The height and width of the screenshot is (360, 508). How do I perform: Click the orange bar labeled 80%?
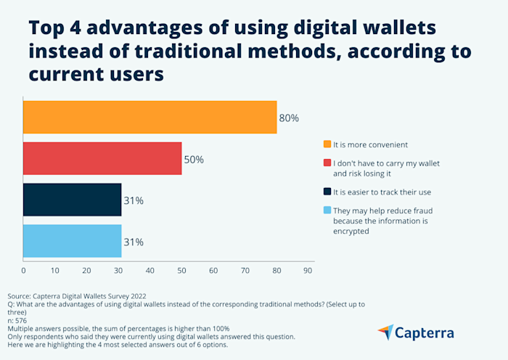[149, 118]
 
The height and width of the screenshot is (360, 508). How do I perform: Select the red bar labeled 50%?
[102, 158]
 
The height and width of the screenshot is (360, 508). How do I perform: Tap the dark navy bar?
[72, 200]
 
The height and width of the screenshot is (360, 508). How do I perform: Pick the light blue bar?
[72, 241]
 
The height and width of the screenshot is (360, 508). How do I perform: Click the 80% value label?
[289, 118]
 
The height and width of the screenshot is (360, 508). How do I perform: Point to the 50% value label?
[194, 159]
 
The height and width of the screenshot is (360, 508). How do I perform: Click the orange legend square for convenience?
[327, 143]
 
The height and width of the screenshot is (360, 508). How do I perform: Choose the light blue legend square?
[327, 210]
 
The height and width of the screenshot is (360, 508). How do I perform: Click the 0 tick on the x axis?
[23, 271]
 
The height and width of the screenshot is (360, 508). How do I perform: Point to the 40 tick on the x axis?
[149, 271]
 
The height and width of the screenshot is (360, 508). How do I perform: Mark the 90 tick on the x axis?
[308, 271]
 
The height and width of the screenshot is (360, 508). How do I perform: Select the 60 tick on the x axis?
[213, 271]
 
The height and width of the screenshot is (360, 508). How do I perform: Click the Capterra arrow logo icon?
[386, 332]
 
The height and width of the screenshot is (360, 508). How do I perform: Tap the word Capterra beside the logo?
[425, 333]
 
